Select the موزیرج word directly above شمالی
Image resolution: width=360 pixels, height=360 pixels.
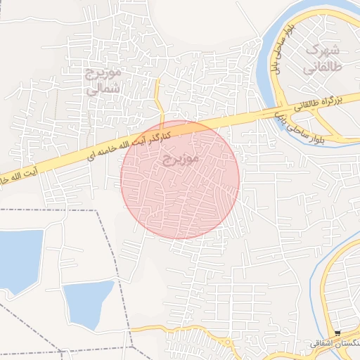tap(104, 72)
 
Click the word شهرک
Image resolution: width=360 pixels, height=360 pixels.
tap(324, 51)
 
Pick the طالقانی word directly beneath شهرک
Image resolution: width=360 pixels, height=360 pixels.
tap(323, 68)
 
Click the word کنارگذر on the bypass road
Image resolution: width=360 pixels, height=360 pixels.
tap(180, 131)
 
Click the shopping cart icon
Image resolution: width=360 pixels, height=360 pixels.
tap(337, 333)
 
